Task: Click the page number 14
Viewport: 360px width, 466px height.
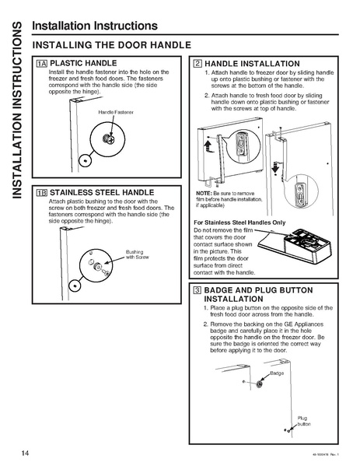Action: [16, 453]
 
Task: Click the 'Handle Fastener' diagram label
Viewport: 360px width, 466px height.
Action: [116, 113]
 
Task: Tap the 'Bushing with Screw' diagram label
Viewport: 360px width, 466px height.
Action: [137, 254]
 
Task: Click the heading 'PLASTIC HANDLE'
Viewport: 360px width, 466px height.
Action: [83, 62]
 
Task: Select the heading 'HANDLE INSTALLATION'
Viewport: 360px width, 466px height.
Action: [251, 63]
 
